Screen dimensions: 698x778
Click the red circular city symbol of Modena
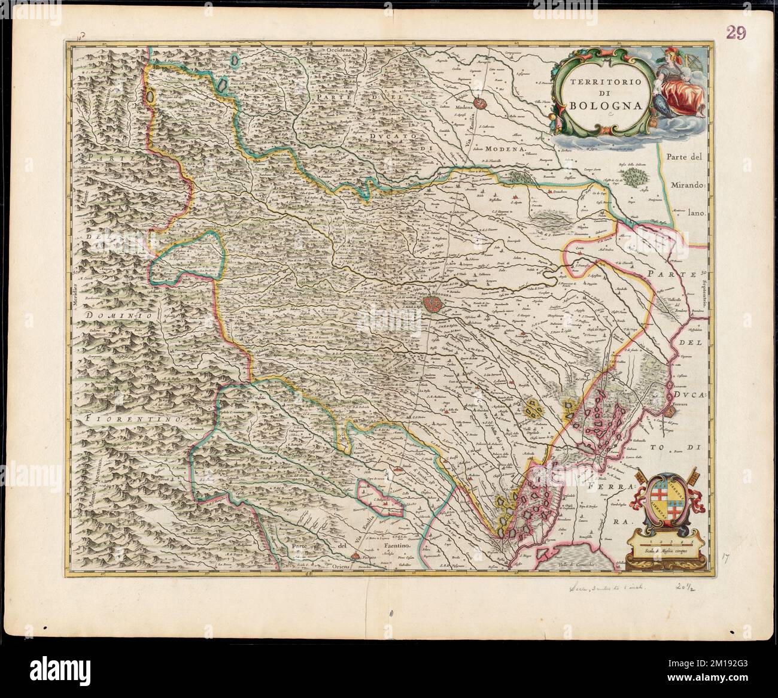point(480,103)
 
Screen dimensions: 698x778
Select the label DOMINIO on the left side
point(112,314)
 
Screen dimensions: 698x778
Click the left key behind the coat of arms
point(640,485)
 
